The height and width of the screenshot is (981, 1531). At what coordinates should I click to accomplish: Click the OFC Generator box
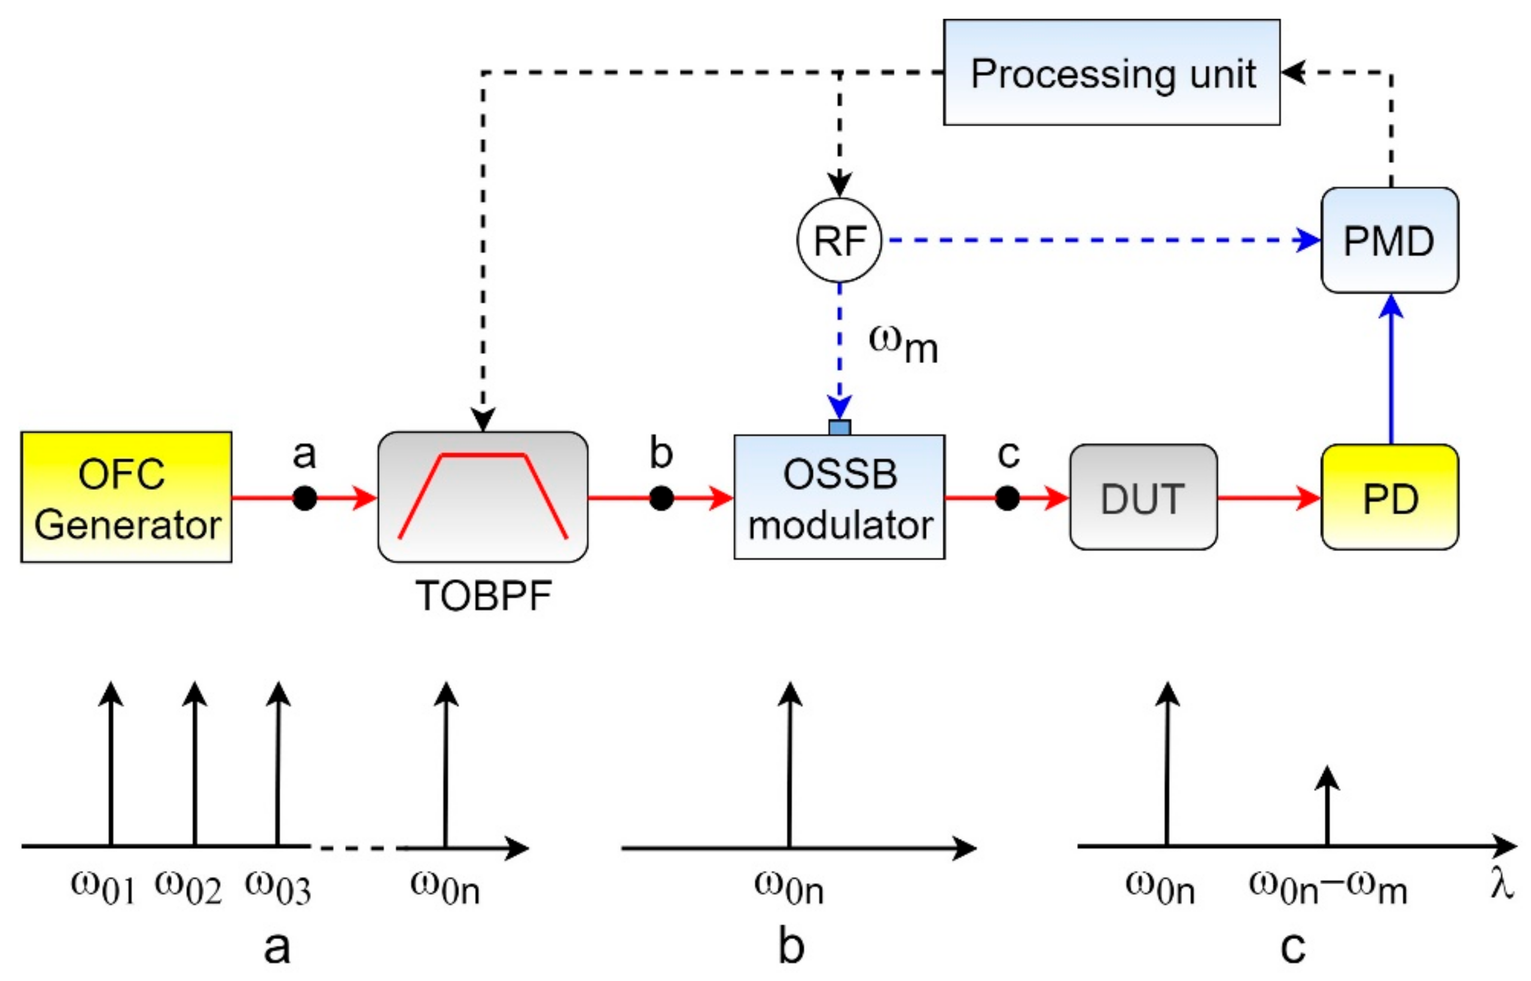click(x=126, y=497)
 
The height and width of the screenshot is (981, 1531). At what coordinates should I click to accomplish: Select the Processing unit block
click(x=1111, y=72)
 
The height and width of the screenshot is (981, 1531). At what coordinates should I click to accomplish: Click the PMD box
click(x=1389, y=240)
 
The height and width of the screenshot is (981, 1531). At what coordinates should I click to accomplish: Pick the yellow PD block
click(x=1389, y=497)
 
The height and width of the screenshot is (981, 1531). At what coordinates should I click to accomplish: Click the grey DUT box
click(x=1142, y=497)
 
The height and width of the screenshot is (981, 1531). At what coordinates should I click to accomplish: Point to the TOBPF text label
click(x=483, y=596)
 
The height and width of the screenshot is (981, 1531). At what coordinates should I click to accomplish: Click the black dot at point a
click(x=304, y=498)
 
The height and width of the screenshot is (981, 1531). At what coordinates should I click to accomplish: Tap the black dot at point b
click(x=661, y=498)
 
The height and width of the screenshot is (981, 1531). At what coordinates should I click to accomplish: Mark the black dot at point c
click(x=1007, y=498)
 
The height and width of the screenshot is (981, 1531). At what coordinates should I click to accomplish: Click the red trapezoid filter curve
click(x=483, y=455)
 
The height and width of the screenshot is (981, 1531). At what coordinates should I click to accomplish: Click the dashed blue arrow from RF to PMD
click(x=1096, y=240)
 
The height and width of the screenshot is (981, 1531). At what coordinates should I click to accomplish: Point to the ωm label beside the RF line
click(x=902, y=344)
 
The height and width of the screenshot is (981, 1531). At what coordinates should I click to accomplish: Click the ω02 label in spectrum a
click(x=188, y=887)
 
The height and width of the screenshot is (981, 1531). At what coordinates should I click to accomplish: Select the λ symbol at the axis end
click(x=1502, y=885)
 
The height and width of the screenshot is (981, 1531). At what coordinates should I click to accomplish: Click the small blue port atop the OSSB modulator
click(x=840, y=428)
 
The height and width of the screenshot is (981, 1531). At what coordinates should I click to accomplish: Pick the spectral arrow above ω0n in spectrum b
click(x=789, y=764)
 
